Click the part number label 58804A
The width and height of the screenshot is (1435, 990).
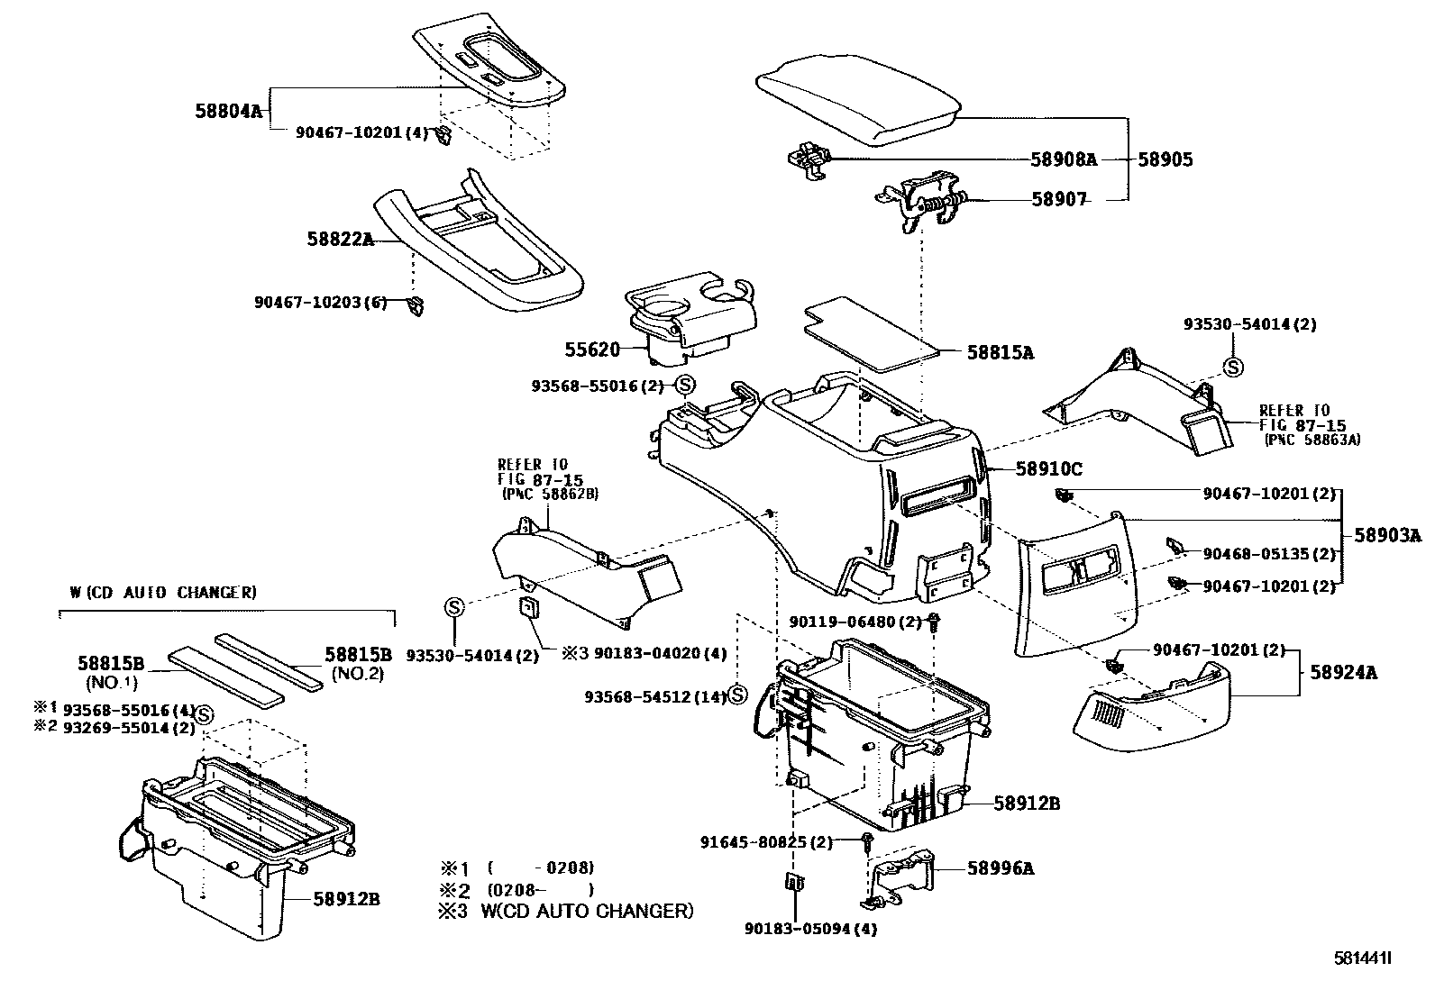(x=228, y=112)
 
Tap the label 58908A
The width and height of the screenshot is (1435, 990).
(x=1064, y=159)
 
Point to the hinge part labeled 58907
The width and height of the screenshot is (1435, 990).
(x=928, y=203)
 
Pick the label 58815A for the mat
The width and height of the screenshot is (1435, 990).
(x=1001, y=353)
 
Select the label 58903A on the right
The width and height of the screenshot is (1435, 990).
(x=1387, y=536)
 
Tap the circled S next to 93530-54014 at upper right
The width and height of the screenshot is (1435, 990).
(x=1232, y=367)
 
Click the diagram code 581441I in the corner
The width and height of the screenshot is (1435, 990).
(x=1363, y=958)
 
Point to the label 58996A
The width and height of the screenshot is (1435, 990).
(x=1001, y=868)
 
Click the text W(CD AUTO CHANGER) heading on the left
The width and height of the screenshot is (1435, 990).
(x=163, y=593)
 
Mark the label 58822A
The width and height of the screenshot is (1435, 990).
(x=340, y=239)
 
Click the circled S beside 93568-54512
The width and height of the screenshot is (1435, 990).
(x=737, y=695)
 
